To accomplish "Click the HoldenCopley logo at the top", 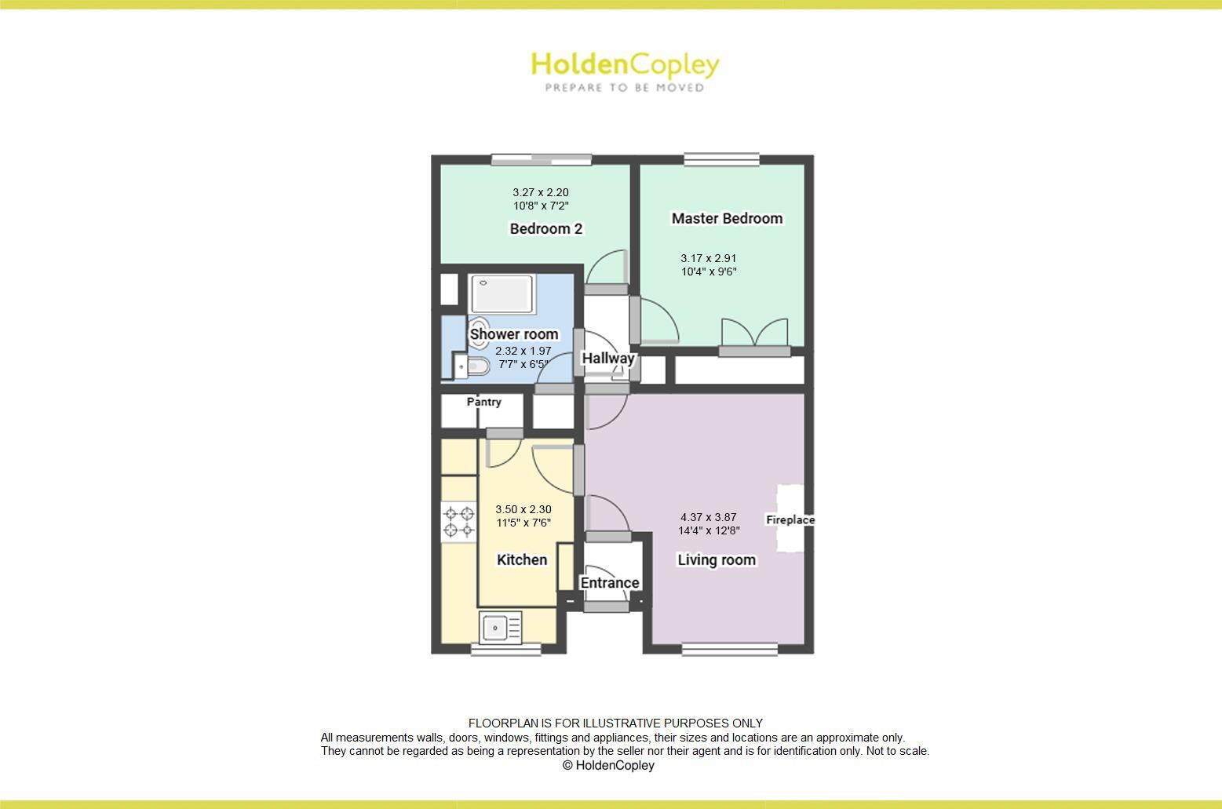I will click(625, 71).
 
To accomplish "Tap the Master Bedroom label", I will click(727, 218).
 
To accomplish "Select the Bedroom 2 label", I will click(545, 228).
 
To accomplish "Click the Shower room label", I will click(514, 334).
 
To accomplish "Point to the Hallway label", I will click(607, 359).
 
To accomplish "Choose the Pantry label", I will click(483, 402).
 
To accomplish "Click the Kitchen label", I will click(522, 559).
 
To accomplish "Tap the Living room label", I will click(716, 559).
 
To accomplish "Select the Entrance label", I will click(609, 582).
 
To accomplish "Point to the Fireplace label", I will click(790, 519).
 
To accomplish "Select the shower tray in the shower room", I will click(502, 293).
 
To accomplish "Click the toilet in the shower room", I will click(476, 366).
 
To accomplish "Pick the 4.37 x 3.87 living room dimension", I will click(709, 517).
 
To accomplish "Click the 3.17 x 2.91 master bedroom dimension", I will click(708, 257).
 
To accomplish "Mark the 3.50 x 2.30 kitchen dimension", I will click(523, 509).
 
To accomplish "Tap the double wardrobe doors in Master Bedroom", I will click(754, 333).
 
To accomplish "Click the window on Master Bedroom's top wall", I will click(721, 160).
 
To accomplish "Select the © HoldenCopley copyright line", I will click(608, 765).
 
